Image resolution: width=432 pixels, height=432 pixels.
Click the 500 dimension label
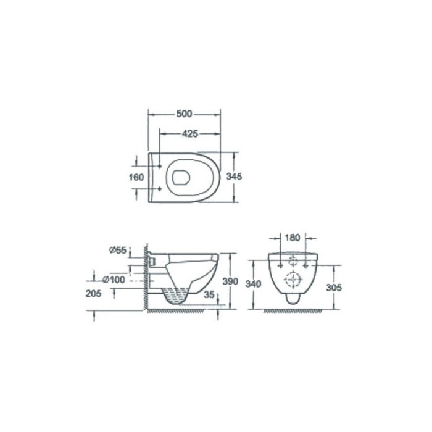coord(185,114)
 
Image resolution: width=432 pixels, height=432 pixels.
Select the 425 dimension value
coord(190,134)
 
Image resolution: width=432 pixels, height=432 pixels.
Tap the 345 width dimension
coord(234,177)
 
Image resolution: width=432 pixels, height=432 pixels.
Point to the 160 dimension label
coord(136,177)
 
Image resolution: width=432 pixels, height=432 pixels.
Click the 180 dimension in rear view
coord(293,238)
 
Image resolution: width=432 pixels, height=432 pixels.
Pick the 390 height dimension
coord(230,281)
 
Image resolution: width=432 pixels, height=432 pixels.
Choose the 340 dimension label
coord(253,283)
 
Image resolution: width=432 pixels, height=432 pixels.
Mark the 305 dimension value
coord(334,288)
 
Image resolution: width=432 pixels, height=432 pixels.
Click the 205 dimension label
coord(93,293)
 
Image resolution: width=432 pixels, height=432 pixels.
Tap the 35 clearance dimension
coord(209,294)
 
